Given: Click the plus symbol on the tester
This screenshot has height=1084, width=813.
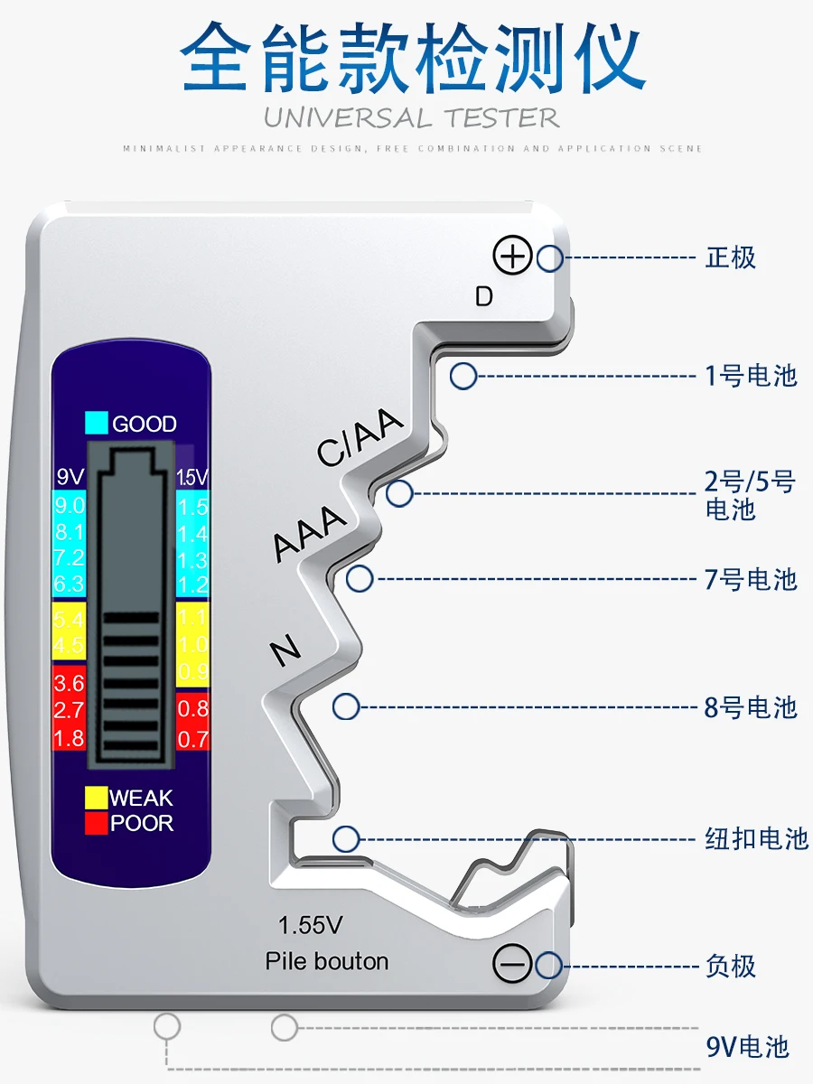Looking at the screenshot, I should (x=512, y=257).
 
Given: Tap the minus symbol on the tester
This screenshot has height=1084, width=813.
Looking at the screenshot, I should (x=512, y=965).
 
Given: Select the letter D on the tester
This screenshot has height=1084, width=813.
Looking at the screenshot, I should (x=484, y=296).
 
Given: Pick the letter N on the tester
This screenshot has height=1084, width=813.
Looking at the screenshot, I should (x=286, y=650).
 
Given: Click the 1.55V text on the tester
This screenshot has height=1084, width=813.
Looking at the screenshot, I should (x=311, y=926).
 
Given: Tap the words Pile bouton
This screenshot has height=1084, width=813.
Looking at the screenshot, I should (x=327, y=961).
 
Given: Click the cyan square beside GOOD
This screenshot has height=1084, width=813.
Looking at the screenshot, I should (x=96, y=423).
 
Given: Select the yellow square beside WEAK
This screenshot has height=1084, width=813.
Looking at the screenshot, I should (x=95, y=798).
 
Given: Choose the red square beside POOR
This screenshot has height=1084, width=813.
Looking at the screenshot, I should (x=95, y=823).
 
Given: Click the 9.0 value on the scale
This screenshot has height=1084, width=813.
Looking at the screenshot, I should (x=69, y=506).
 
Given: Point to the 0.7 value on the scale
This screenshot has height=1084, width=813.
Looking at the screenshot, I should (x=192, y=740).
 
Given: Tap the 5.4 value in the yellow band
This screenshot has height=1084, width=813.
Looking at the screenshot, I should (x=69, y=620).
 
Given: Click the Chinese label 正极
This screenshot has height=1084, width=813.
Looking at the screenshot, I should (x=730, y=257).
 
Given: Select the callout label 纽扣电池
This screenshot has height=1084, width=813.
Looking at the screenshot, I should (x=755, y=838).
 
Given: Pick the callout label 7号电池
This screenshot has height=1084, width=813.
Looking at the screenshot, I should (x=751, y=579).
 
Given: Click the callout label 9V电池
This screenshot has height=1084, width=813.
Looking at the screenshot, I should (x=748, y=1047).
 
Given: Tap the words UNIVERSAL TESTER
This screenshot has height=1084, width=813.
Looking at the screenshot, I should (x=412, y=117).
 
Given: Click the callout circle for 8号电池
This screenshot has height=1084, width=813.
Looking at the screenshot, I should (x=346, y=706).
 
